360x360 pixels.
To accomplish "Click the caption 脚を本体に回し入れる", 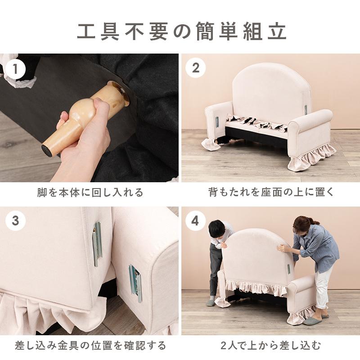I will click(90, 193).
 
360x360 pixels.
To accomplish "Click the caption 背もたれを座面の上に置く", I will click(271, 193).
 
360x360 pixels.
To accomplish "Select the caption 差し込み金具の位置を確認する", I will click(90, 346).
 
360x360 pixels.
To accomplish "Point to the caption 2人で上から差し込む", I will click(271, 346).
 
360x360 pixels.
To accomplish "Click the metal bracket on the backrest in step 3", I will click(97, 243).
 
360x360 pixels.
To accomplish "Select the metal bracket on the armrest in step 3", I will click(135, 282).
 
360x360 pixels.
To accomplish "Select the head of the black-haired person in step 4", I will click(217, 228).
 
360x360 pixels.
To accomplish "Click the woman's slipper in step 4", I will click(312, 320).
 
